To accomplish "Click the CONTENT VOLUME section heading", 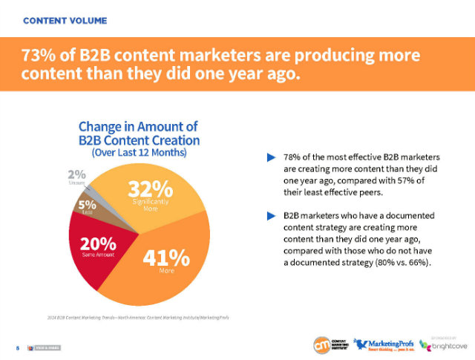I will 65,20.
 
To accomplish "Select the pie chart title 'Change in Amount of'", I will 139,126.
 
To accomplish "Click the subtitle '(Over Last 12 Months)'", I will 139,152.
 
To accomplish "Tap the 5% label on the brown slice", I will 87,204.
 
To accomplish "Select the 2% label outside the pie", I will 76,175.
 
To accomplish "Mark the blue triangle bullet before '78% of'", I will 271,157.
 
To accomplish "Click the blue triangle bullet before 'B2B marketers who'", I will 271,216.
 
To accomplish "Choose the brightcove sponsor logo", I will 444,344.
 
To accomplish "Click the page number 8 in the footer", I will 16,347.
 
